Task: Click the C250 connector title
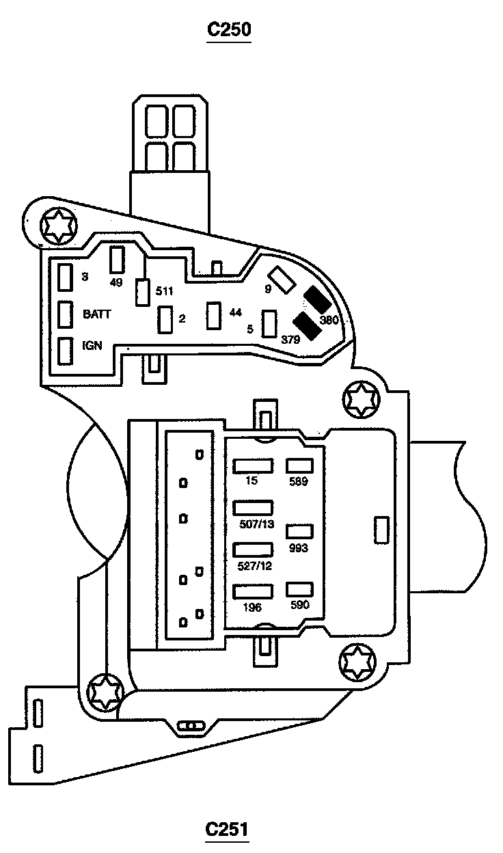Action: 230,31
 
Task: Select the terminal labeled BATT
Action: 66,314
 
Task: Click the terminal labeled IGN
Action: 66,351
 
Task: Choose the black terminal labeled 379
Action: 307,326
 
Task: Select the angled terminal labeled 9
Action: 280,278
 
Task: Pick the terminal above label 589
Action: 299,465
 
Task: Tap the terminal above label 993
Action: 299,531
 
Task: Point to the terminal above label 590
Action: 299,590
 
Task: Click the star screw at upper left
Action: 56,225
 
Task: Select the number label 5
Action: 250,329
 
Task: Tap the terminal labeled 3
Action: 66,277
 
